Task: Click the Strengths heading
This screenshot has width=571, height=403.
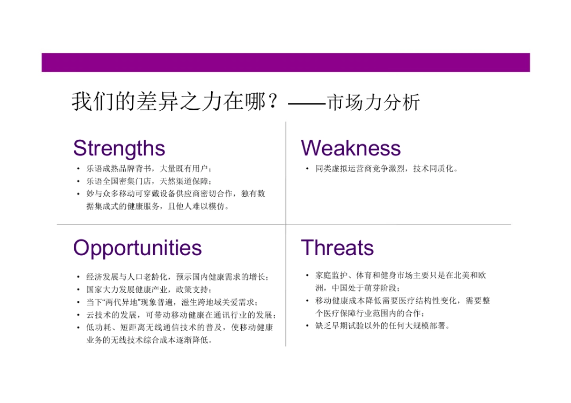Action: pyautogui.click(x=119, y=148)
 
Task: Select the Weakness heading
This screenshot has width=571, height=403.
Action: pyautogui.click(x=351, y=148)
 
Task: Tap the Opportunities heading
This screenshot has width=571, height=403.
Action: pyautogui.click(x=137, y=248)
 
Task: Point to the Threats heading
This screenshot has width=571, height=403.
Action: pyautogui.click(x=337, y=248)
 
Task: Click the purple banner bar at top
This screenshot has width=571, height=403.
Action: pyautogui.click(x=285, y=62)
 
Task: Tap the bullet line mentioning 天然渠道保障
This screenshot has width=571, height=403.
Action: pyautogui.click(x=149, y=181)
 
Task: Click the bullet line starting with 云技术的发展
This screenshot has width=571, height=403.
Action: pyautogui.click(x=181, y=315)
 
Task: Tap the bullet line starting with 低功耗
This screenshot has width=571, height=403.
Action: pyautogui.click(x=180, y=327)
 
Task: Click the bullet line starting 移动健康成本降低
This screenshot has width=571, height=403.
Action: pyautogui.click(x=403, y=301)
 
